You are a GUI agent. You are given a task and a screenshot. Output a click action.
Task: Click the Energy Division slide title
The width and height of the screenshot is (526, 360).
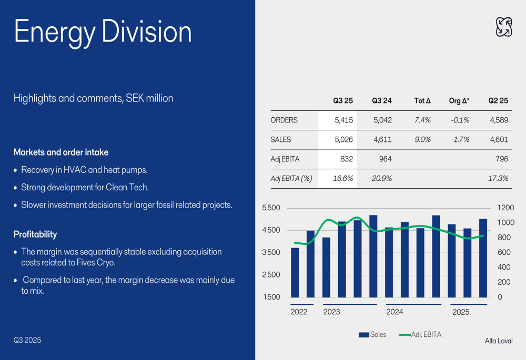click(103, 32)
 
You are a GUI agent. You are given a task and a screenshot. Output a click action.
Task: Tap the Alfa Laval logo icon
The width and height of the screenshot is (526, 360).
click(504, 27)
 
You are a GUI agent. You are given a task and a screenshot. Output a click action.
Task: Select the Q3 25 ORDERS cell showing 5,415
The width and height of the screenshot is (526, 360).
click(343, 120)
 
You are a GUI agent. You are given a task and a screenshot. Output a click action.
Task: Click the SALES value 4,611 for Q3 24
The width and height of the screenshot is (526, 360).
click(382, 140)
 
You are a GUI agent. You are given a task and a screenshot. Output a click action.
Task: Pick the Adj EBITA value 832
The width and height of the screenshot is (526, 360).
click(346, 159)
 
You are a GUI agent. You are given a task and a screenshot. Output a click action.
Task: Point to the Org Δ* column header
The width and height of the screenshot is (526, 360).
click(459, 100)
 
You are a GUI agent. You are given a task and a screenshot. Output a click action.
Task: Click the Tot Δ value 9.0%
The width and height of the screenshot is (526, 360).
click(422, 140)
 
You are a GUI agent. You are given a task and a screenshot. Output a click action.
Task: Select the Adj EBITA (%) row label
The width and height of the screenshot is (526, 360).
click(291, 178)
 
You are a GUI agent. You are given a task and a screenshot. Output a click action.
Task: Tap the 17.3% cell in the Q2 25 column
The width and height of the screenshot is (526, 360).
click(498, 178)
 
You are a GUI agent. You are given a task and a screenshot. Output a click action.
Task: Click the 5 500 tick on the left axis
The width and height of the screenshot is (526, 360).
click(271, 208)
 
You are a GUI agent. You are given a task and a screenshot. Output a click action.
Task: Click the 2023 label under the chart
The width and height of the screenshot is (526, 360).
click(331, 312)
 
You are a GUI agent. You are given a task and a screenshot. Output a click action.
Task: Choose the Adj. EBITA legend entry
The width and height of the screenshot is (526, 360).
click(420, 334)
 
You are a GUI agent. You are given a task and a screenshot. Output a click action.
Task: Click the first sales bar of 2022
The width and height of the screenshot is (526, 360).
click(295, 272)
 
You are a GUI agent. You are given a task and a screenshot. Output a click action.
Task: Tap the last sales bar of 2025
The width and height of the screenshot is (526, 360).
click(483, 258)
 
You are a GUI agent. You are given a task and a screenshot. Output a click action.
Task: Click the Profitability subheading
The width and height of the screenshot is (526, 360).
click(35, 234)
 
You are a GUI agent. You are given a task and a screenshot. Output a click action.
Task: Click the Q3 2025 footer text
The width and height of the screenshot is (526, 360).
click(27, 340)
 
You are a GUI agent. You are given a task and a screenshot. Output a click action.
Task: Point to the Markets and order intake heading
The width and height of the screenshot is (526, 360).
click(61, 152)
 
